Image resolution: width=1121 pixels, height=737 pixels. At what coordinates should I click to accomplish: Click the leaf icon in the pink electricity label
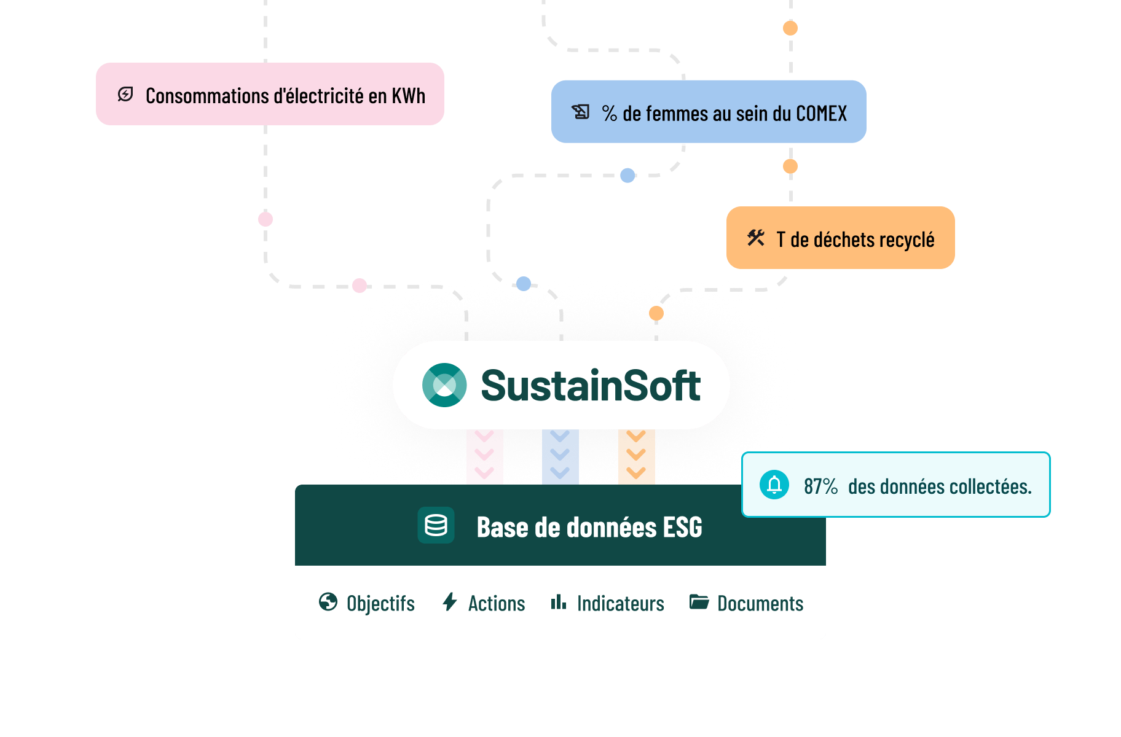125,95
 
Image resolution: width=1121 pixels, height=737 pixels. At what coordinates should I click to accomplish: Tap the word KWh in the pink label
409,96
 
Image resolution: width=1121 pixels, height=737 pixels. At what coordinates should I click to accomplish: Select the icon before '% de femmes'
581,112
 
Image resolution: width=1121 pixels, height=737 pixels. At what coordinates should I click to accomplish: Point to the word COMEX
821,114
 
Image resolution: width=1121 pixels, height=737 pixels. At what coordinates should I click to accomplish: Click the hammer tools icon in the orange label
756,238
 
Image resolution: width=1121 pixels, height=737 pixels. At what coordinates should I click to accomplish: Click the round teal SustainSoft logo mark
444,385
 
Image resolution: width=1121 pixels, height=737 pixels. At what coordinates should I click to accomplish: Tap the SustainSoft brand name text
591,386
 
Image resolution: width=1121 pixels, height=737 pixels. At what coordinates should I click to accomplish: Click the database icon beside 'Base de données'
436,525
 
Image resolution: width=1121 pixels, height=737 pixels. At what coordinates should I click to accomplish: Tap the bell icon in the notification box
774,485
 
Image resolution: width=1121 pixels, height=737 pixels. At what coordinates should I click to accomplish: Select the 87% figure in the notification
820,486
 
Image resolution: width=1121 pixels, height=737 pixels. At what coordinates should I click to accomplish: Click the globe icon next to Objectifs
328,602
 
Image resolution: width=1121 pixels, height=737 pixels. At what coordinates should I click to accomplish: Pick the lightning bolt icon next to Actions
450,602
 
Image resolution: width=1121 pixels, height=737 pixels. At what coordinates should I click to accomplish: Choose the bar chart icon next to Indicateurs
558,602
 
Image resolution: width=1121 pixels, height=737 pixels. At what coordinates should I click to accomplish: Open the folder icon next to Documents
699,602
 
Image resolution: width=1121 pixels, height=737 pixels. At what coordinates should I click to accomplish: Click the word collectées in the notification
989,486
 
